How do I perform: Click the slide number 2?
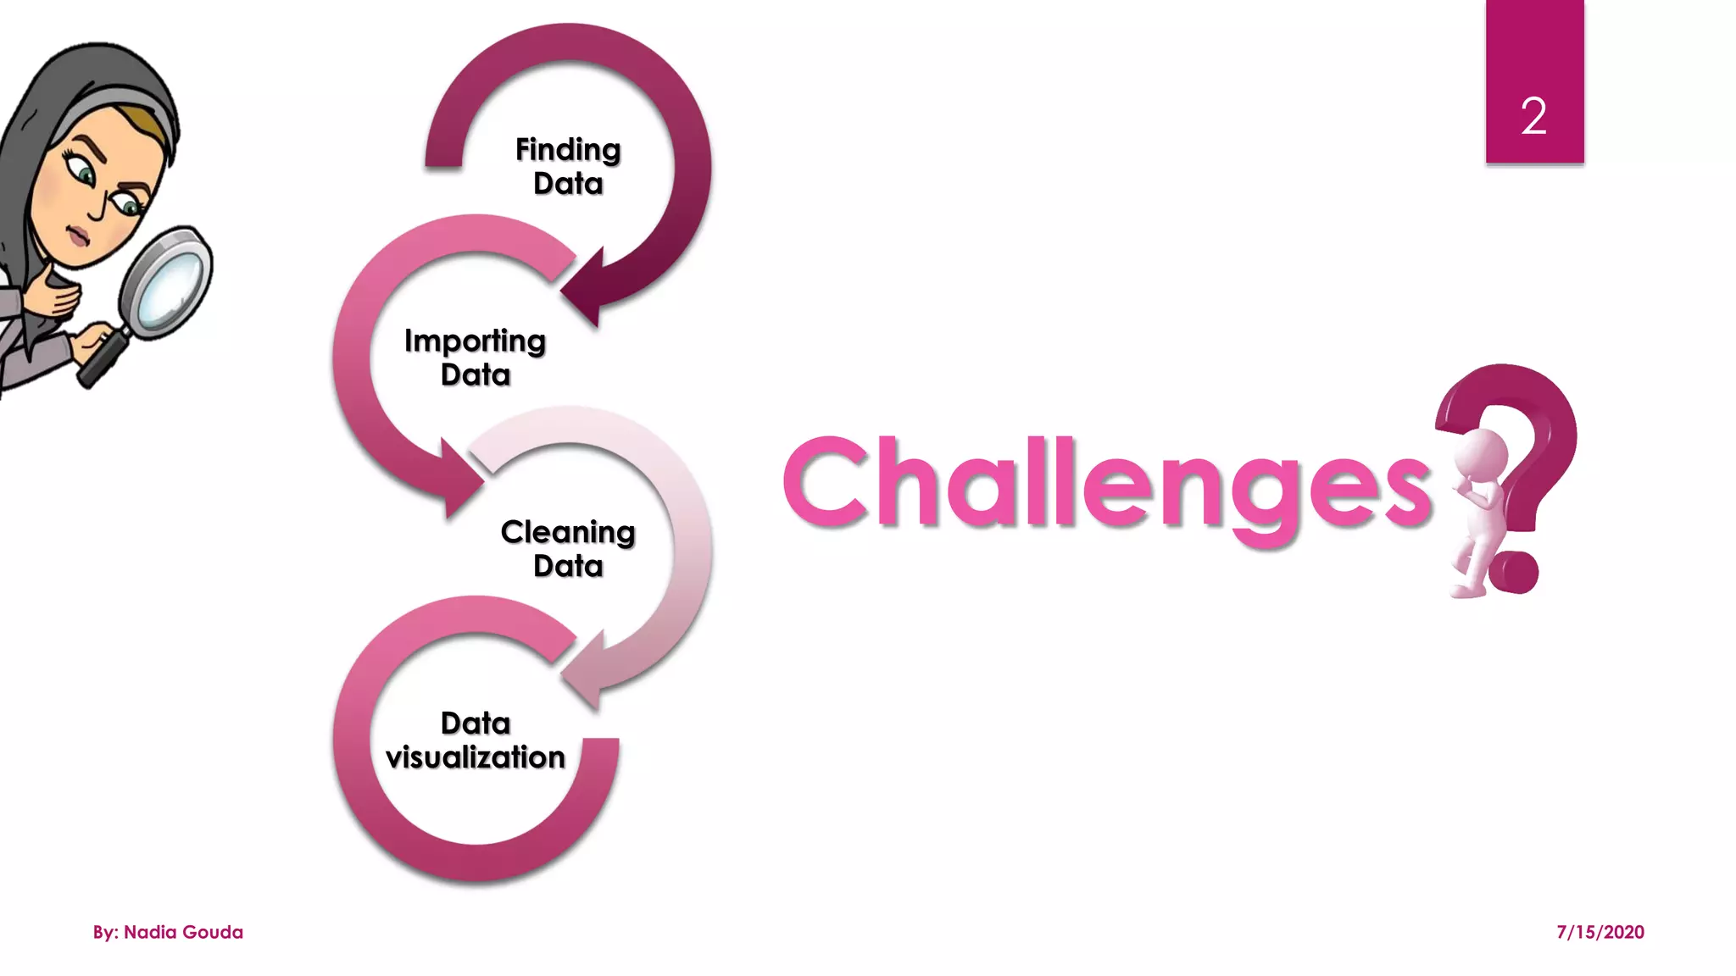(1533, 116)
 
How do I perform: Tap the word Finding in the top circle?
(568, 150)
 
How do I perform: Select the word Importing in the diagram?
(475, 341)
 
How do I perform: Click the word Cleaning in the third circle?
(567, 532)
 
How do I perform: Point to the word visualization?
(475, 757)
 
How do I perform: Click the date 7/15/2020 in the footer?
(1600, 932)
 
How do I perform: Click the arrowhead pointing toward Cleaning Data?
(458, 479)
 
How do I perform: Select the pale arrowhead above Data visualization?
(585, 669)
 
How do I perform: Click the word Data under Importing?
(475, 374)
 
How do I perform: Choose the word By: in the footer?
(105, 932)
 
